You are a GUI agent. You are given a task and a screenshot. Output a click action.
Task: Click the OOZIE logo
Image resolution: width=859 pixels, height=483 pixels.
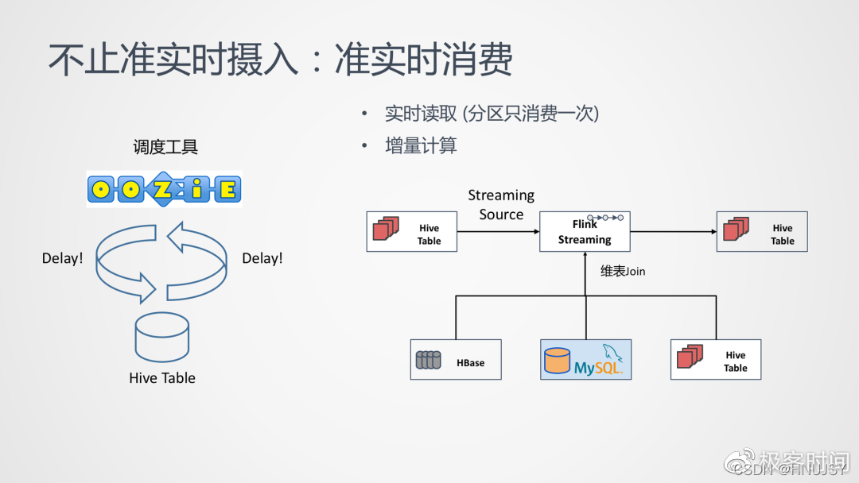click(164, 190)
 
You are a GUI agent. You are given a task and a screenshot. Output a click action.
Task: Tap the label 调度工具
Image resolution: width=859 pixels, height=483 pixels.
click(165, 147)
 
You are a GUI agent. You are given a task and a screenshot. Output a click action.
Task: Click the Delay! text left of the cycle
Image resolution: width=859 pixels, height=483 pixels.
click(62, 258)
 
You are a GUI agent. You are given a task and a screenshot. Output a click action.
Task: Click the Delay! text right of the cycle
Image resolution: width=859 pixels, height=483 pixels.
click(262, 258)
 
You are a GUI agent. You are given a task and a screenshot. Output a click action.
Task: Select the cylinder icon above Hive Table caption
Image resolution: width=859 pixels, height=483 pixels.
click(162, 337)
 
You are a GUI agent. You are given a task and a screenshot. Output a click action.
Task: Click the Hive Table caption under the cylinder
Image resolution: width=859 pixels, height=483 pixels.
click(162, 378)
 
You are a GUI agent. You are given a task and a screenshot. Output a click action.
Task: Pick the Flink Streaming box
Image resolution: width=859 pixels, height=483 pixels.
click(585, 232)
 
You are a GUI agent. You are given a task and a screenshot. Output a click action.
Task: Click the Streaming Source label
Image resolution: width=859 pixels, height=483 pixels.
click(501, 205)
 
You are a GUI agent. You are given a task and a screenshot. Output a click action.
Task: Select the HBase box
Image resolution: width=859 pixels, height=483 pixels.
click(456, 360)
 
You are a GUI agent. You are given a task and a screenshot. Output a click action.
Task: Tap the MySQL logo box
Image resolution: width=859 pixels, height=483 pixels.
click(586, 360)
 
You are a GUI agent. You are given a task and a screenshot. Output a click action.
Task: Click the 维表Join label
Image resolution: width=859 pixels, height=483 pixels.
click(623, 272)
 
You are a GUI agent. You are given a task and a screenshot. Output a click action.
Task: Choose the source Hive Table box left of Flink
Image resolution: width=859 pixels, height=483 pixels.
click(411, 232)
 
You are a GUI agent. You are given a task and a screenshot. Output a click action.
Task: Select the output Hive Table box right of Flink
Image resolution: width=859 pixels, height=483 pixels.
click(762, 232)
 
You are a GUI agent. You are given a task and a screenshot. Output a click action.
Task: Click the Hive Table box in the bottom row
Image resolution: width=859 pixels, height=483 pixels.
click(716, 360)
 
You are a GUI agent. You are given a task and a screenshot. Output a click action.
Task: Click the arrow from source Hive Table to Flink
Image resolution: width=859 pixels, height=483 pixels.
click(498, 232)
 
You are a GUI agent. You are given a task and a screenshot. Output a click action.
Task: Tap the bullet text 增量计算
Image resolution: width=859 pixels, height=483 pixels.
click(421, 146)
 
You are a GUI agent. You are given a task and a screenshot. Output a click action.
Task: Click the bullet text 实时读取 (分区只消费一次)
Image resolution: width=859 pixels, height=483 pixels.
click(492, 114)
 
